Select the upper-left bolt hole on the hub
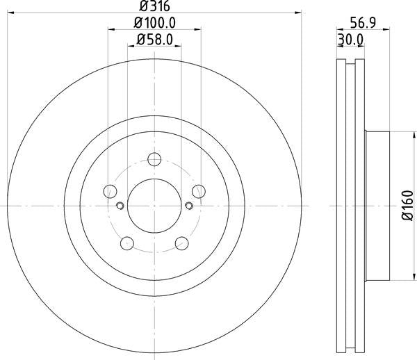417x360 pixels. tap(108, 191)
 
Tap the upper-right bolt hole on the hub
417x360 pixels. tap(199, 191)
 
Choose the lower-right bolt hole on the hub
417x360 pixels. tap(182, 243)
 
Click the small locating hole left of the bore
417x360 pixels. tap(120, 205)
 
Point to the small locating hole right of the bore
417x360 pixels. tap(189, 205)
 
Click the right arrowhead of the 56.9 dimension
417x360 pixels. tap(385, 29)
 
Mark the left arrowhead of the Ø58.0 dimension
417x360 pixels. tap(131, 46)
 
